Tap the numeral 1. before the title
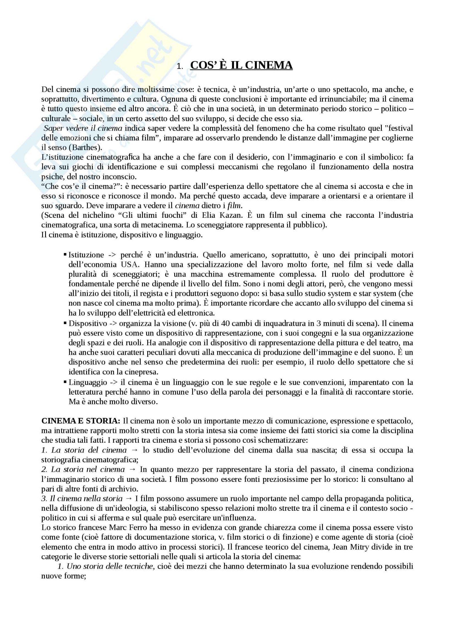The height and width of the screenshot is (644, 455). pos(179,66)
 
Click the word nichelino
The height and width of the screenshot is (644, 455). pos(85,215)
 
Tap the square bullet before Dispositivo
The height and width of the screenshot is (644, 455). pos(65,324)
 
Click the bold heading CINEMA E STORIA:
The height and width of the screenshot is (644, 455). pos(81,421)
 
